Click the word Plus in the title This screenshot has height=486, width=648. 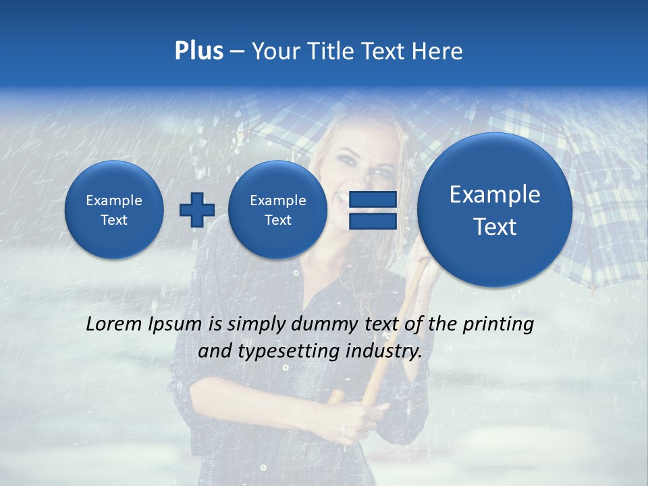[x=198, y=51]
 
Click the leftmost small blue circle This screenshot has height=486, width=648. [x=114, y=210]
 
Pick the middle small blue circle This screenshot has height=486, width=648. [x=277, y=210]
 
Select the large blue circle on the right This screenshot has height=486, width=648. [x=495, y=210]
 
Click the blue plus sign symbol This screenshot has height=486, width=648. [x=196, y=210]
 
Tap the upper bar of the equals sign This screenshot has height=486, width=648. [x=372, y=199]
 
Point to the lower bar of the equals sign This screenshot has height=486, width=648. [x=372, y=221]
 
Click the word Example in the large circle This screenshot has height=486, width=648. [x=495, y=194]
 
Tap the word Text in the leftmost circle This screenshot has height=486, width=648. [x=114, y=220]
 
